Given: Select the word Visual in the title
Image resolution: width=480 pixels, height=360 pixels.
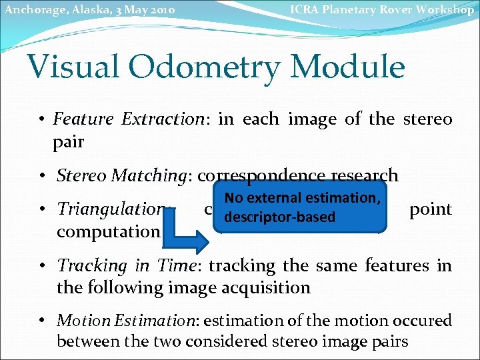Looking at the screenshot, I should click(73, 68).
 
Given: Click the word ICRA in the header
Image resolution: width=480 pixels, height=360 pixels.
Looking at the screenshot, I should click(305, 9).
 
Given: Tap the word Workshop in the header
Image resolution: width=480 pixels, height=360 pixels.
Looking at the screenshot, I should click(443, 9).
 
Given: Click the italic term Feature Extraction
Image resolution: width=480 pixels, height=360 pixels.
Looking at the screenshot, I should click(128, 119).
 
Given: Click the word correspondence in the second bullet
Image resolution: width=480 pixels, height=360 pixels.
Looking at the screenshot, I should click(259, 176).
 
